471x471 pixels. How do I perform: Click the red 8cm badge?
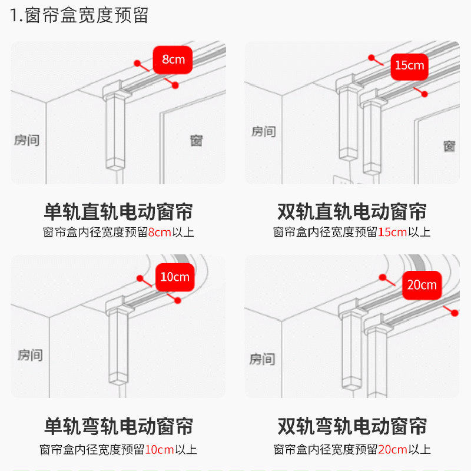[x=173, y=59]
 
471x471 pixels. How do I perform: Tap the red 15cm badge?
[x=409, y=65]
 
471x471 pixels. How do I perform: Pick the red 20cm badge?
[x=422, y=285]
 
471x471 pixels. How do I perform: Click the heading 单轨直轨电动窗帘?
[x=118, y=211]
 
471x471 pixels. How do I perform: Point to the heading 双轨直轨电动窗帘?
[x=352, y=211]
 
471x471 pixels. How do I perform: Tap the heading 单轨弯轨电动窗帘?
[x=118, y=426]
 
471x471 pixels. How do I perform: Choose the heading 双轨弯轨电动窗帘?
[x=352, y=426]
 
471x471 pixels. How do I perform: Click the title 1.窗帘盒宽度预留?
[x=79, y=15]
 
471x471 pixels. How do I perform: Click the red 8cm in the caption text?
[x=160, y=232]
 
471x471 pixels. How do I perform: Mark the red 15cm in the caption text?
[x=392, y=232]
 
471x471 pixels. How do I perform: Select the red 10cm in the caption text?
[x=160, y=450]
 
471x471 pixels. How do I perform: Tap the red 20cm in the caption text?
[x=393, y=450]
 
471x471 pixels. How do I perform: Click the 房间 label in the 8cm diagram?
[x=27, y=140]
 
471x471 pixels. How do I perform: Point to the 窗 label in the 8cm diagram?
[x=197, y=141]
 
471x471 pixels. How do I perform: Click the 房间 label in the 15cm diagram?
[x=263, y=131]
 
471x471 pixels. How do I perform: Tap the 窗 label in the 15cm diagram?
[x=450, y=145]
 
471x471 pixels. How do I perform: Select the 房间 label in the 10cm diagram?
[x=29, y=355]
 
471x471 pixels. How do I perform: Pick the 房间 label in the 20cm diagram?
[x=263, y=359]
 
